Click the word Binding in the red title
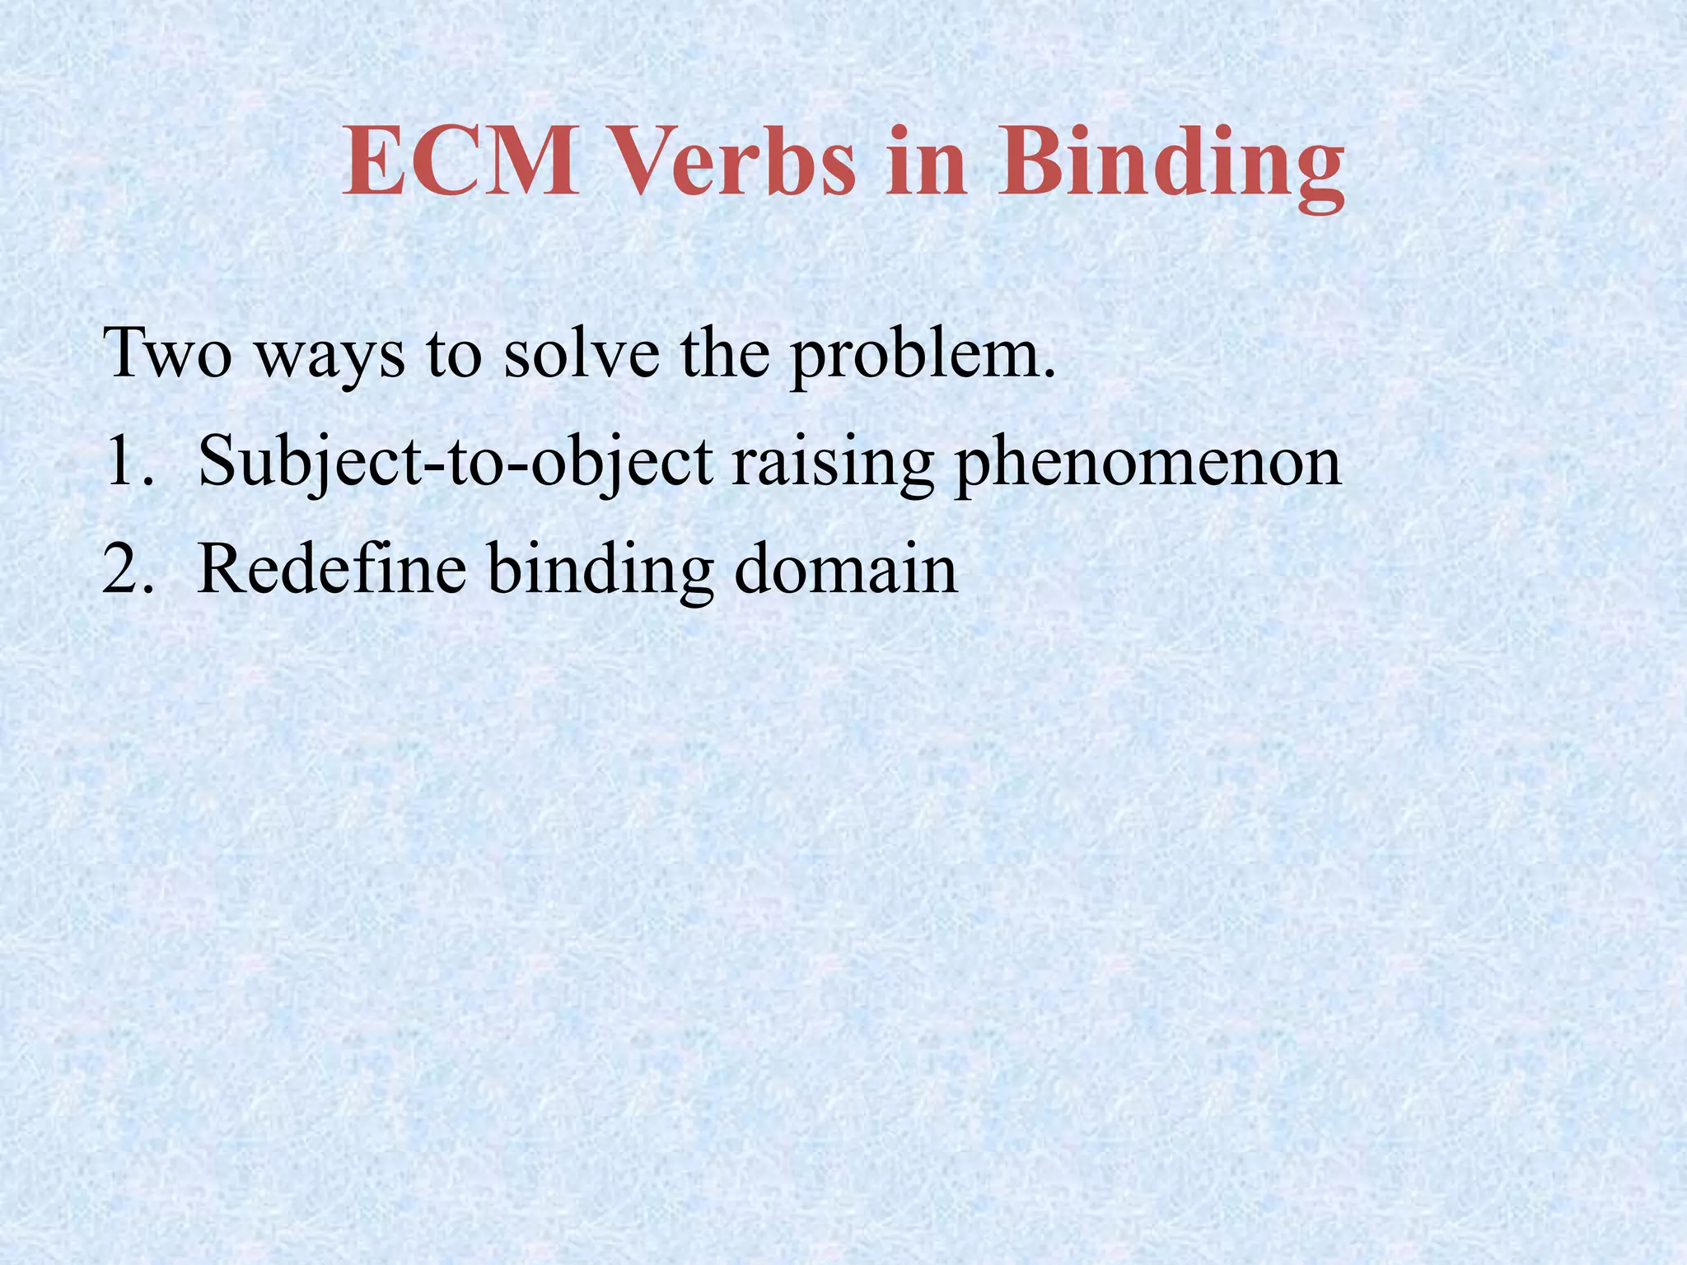1170,169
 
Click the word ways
329,358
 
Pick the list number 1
129,462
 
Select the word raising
832,465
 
